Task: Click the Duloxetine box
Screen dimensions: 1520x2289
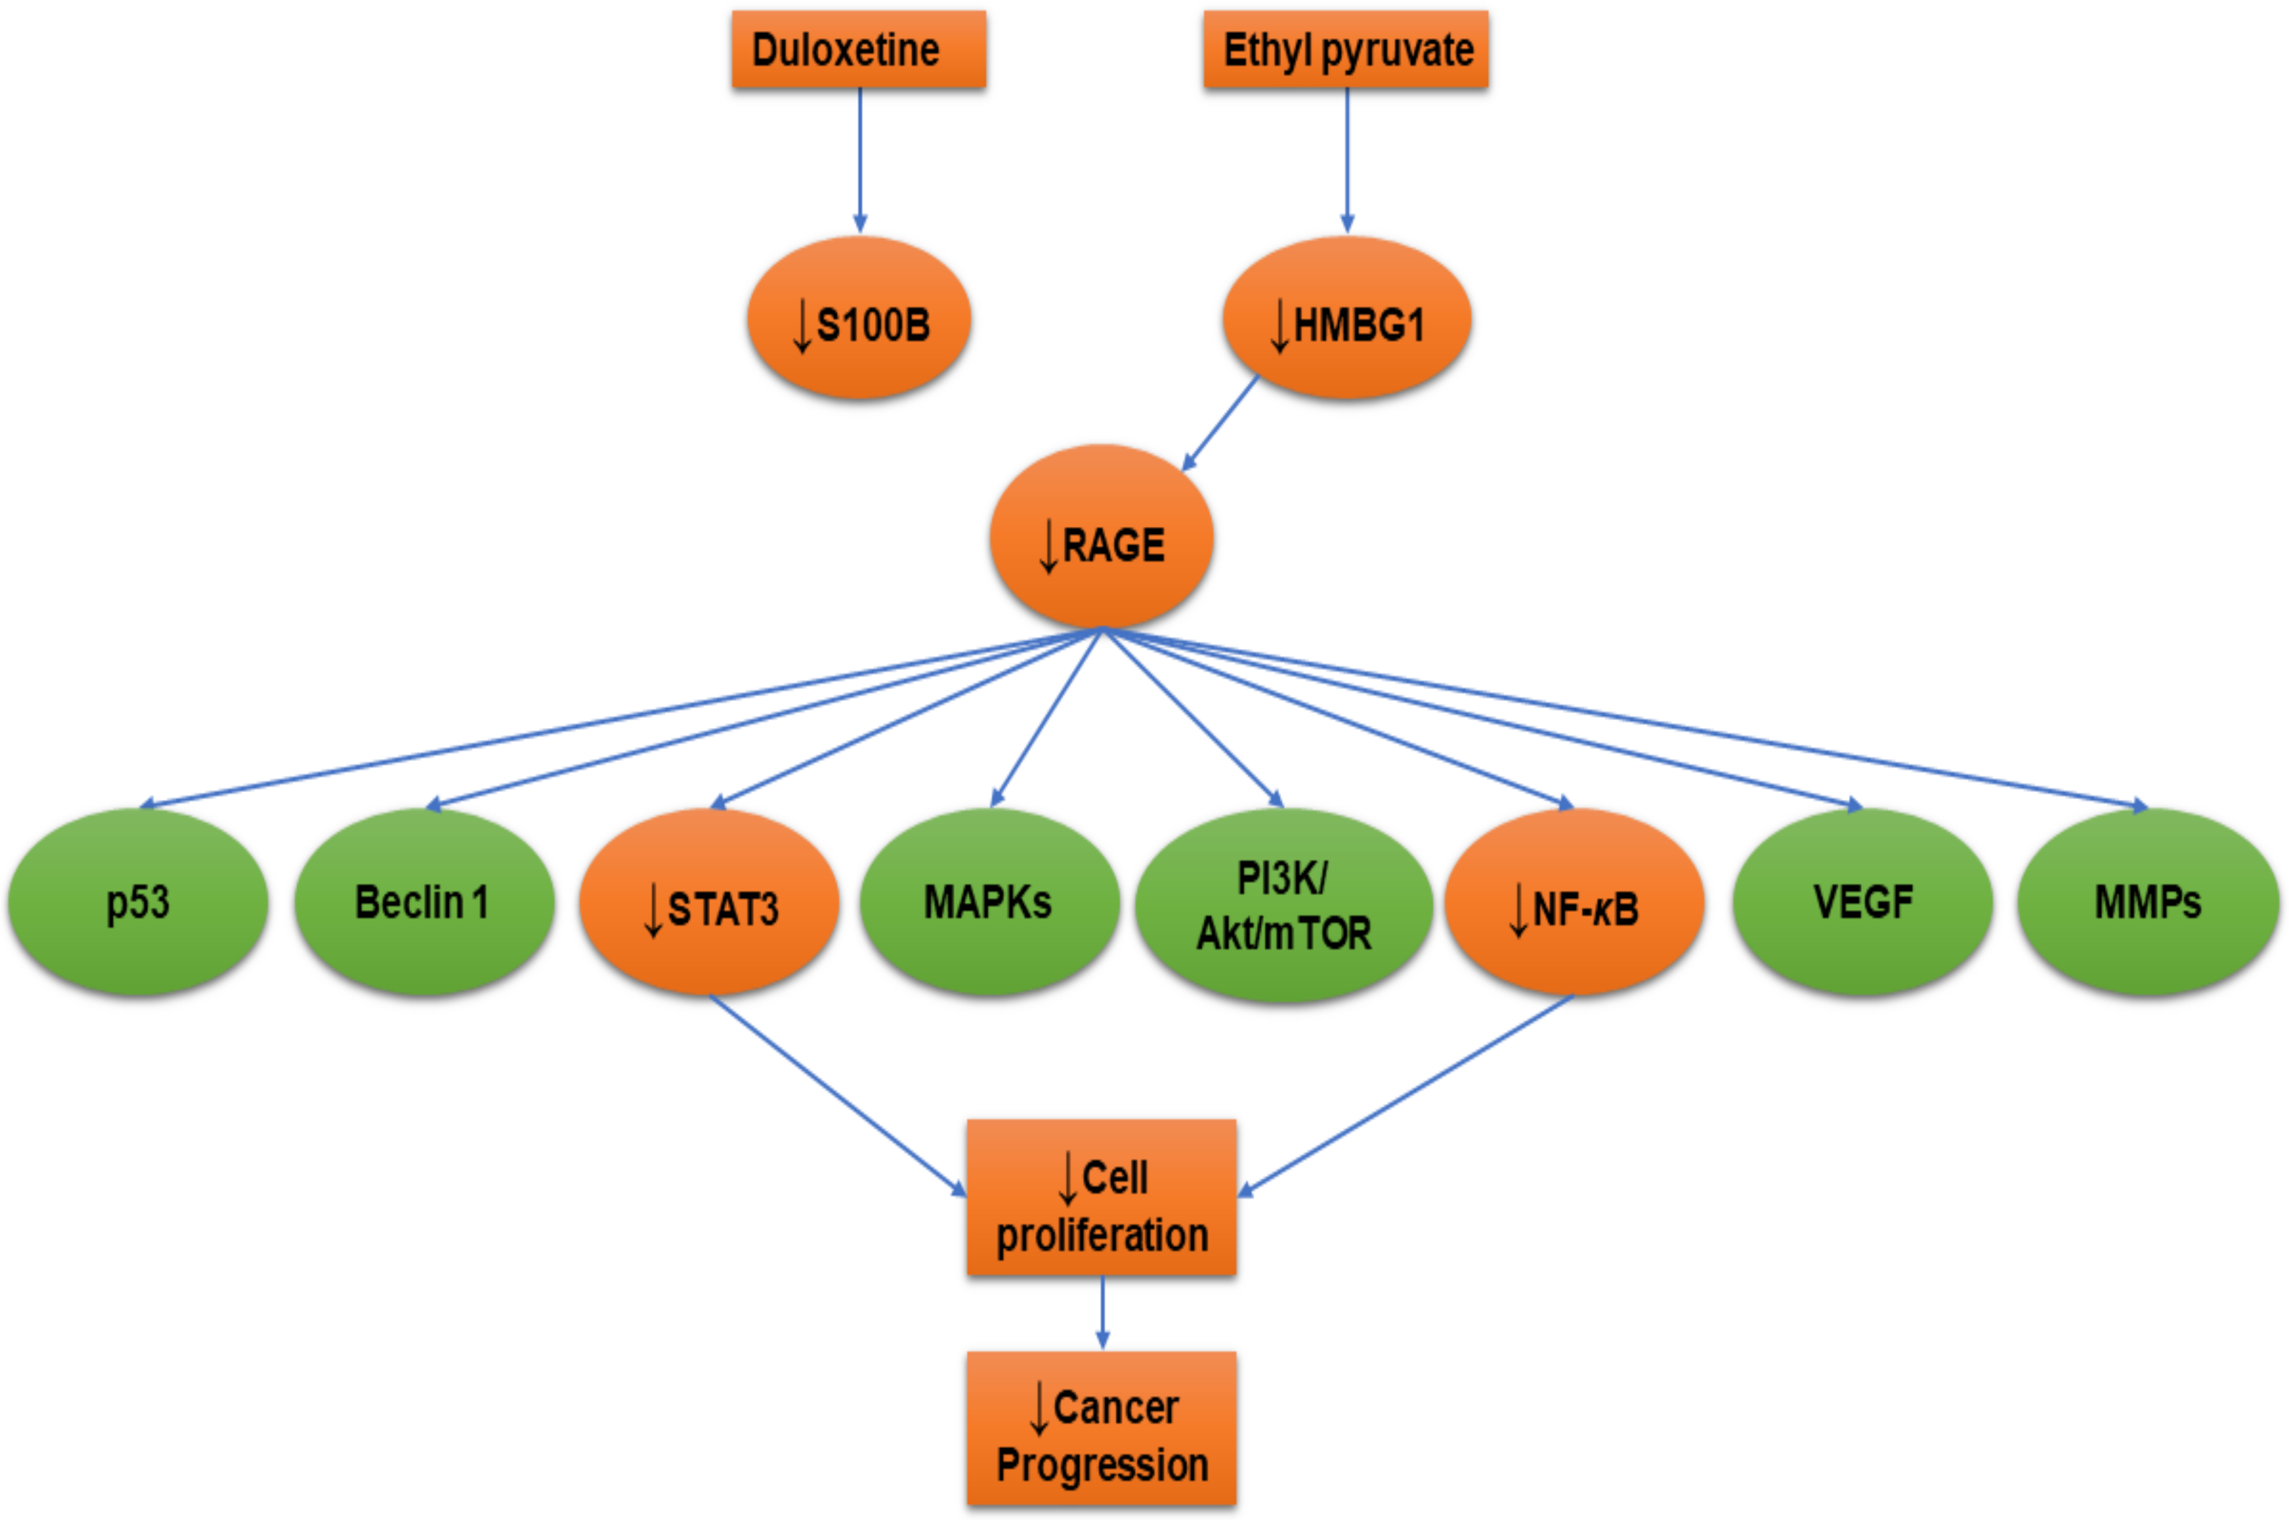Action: [858, 49]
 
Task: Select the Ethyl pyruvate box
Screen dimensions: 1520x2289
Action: [1346, 49]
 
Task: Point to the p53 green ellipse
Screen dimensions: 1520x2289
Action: [138, 901]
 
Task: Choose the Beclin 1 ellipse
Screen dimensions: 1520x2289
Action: [423, 901]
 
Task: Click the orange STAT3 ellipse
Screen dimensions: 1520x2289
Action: [709, 901]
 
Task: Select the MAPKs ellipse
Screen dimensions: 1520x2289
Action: [988, 901]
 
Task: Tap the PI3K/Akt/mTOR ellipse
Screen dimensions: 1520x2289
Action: [1283, 905]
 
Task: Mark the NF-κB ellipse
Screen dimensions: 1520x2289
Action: [1574, 901]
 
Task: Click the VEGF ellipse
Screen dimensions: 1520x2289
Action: [1862, 901]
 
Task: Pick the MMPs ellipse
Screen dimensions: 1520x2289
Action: [2147, 901]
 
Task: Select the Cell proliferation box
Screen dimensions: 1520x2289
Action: [1101, 1197]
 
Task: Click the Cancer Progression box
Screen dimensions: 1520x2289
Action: [1101, 1428]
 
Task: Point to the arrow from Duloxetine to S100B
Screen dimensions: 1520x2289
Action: [860, 160]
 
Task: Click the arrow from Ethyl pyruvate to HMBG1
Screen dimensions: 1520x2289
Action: [1347, 160]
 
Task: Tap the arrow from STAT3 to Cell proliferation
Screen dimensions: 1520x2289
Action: [838, 1095]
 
